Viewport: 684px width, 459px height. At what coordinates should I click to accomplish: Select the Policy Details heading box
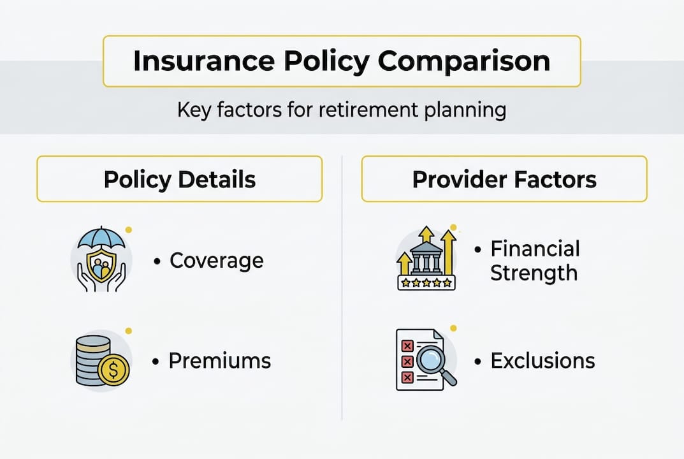pos(179,179)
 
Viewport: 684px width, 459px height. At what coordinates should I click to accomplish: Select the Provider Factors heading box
pos(504,179)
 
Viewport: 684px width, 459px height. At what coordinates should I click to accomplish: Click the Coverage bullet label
pos(216,261)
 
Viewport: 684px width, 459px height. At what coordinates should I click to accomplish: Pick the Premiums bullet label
pos(220,361)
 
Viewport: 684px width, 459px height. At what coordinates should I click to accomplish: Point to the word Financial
pos(535,249)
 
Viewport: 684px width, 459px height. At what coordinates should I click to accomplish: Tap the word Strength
pos(534,273)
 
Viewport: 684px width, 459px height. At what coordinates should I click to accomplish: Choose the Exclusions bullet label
pos(542,361)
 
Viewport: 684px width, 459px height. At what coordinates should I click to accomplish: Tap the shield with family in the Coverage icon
pos(102,266)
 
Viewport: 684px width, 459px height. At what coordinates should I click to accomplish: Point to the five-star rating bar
pos(426,282)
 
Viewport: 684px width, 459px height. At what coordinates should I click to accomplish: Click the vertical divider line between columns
pos(342,287)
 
